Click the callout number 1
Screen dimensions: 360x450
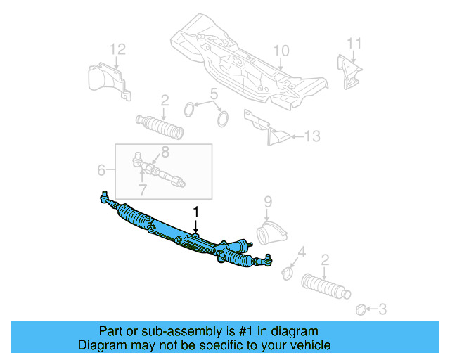197,211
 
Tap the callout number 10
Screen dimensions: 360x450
281,51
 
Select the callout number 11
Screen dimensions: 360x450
354,44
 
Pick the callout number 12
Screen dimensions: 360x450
117,49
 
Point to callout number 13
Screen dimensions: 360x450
313,136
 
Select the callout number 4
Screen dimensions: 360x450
302,252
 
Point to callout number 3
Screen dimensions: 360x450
382,308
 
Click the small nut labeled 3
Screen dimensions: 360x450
360,308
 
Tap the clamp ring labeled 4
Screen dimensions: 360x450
287,272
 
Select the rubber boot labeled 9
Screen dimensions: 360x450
271,229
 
